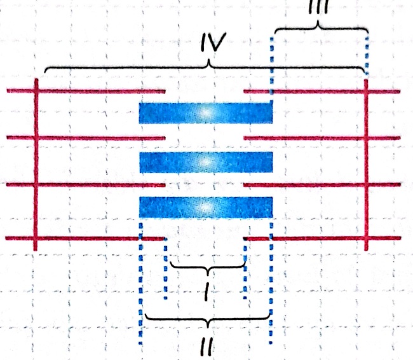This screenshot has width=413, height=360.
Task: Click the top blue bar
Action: [206, 113]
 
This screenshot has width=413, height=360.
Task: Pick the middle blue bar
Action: [206, 162]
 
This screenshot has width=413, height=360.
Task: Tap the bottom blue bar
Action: [206, 207]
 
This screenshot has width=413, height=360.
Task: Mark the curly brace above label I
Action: [205, 267]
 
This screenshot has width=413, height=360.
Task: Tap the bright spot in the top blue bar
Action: [206, 113]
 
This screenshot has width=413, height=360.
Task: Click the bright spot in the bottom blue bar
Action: [205, 207]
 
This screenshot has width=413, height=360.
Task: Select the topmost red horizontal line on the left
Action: [86, 92]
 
